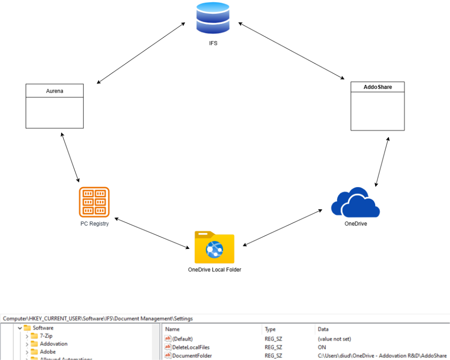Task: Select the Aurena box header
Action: click(55, 91)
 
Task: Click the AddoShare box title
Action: click(378, 87)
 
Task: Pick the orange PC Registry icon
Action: click(94, 202)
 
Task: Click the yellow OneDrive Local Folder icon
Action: click(214, 247)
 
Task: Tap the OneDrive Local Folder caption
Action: click(214, 270)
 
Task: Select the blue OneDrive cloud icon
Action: click(356, 203)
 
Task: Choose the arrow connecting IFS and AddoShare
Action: click(292, 51)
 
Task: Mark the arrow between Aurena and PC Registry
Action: click(70, 157)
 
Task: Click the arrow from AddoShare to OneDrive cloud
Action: click(383, 161)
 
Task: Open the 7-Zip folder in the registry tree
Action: click(46, 336)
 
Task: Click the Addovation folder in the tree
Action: click(53, 343)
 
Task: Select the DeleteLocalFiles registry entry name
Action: click(191, 347)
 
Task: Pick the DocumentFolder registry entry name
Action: click(192, 355)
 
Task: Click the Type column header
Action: click(270, 329)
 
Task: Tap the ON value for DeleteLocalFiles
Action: click(322, 347)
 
